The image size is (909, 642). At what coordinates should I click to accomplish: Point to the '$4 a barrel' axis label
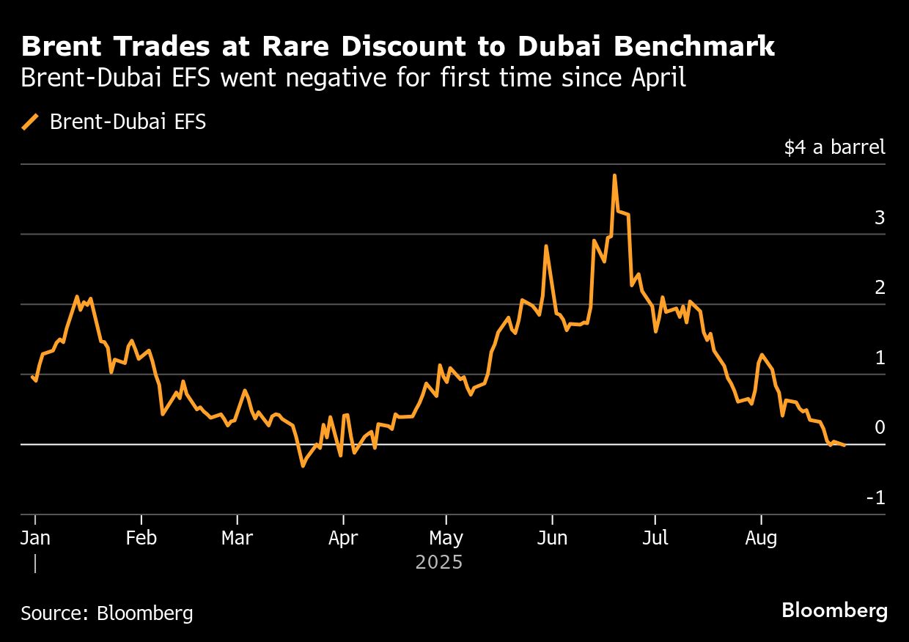pyautogui.click(x=834, y=147)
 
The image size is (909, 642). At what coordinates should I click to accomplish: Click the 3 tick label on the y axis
pyautogui.click(x=880, y=218)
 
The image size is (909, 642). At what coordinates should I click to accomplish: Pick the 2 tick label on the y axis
pyautogui.click(x=880, y=288)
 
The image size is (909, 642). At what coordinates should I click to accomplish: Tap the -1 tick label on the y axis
pyautogui.click(x=876, y=498)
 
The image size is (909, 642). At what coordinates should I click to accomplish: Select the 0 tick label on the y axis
pyautogui.click(x=880, y=428)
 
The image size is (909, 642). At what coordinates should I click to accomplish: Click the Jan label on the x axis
pyautogui.click(x=35, y=539)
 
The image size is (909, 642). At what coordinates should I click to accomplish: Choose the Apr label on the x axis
pyautogui.click(x=343, y=539)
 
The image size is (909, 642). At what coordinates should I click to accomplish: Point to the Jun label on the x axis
pyautogui.click(x=552, y=539)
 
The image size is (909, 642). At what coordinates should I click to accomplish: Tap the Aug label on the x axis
pyautogui.click(x=761, y=539)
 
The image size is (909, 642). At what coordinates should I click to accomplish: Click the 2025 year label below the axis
pyautogui.click(x=439, y=563)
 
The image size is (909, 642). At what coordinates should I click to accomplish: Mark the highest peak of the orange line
pyautogui.click(x=614, y=176)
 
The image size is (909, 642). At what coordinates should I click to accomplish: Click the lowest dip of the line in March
pyautogui.click(x=302, y=465)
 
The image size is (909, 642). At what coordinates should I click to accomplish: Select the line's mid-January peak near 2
pyautogui.click(x=77, y=297)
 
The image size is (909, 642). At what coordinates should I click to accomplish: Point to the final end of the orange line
pyautogui.click(x=844, y=445)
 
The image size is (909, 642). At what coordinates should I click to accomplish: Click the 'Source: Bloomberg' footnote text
pyautogui.click(x=107, y=613)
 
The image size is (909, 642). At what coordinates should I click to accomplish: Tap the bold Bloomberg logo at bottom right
pyautogui.click(x=834, y=610)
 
